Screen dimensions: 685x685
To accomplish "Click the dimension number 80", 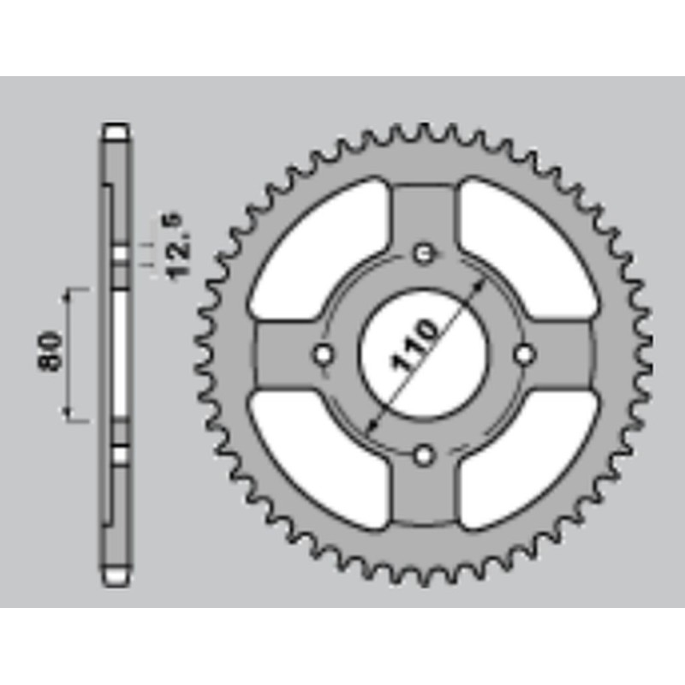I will click(x=51, y=352).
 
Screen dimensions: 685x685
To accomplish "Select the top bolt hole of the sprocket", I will click(x=424, y=253).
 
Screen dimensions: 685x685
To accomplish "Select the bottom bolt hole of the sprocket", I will click(x=424, y=455).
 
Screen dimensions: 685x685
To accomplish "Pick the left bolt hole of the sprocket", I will click(x=323, y=354).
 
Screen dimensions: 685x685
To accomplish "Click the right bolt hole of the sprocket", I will click(x=524, y=354).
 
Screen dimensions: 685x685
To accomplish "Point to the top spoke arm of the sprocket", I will click(x=424, y=214).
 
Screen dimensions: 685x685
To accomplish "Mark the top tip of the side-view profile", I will click(x=116, y=130).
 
